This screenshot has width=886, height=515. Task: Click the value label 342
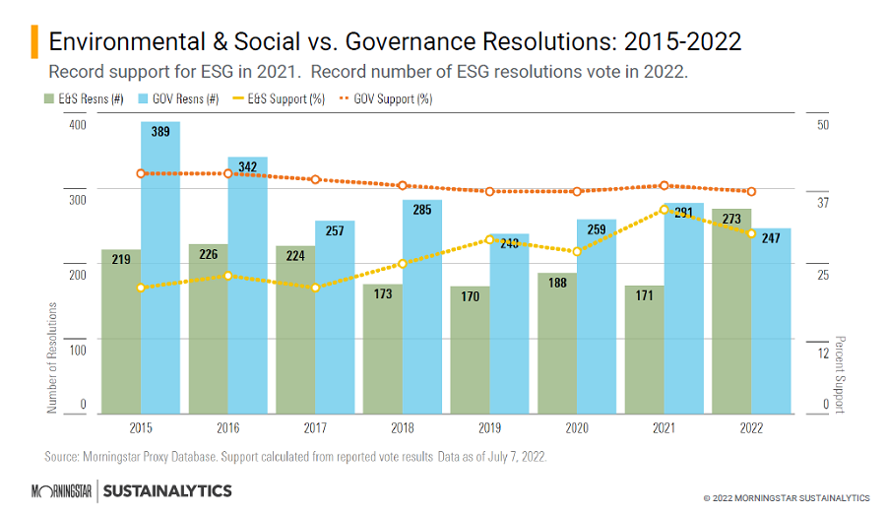click(247, 166)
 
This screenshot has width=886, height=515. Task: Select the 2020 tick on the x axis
click(577, 429)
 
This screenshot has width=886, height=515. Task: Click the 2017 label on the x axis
click(315, 429)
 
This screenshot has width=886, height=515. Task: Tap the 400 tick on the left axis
click(77, 125)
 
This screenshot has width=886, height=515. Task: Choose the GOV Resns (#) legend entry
click(180, 98)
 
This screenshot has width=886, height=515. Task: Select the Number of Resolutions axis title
click(53, 356)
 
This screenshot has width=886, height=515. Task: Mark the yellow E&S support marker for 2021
click(664, 209)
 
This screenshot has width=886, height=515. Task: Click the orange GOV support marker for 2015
click(141, 173)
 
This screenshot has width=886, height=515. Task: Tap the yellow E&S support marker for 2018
click(402, 264)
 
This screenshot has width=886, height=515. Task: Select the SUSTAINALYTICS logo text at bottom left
click(167, 490)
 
